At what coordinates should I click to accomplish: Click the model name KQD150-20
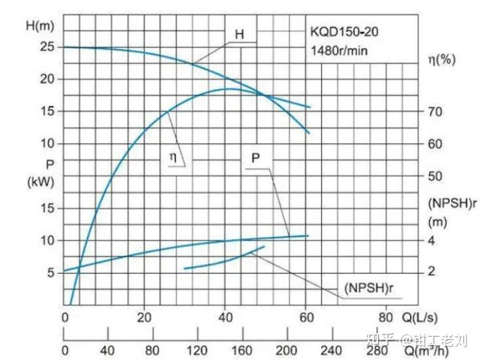click(x=344, y=31)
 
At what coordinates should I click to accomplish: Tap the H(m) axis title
click(x=40, y=26)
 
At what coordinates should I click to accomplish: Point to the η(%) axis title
click(x=441, y=59)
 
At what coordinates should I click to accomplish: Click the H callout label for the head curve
click(x=239, y=34)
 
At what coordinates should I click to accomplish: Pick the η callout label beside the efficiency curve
click(x=173, y=157)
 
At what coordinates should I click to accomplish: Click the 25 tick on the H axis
click(x=46, y=47)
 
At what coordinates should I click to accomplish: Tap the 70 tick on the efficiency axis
click(x=435, y=111)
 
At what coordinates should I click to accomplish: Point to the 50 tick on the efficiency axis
click(x=435, y=176)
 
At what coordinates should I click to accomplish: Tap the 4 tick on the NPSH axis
click(x=431, y=240)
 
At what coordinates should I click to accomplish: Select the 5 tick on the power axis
click(x=50, y=272)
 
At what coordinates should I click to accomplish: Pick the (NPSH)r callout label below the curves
click(x=369, y=288)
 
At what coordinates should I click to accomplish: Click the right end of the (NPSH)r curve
click(x=264, y=247)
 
